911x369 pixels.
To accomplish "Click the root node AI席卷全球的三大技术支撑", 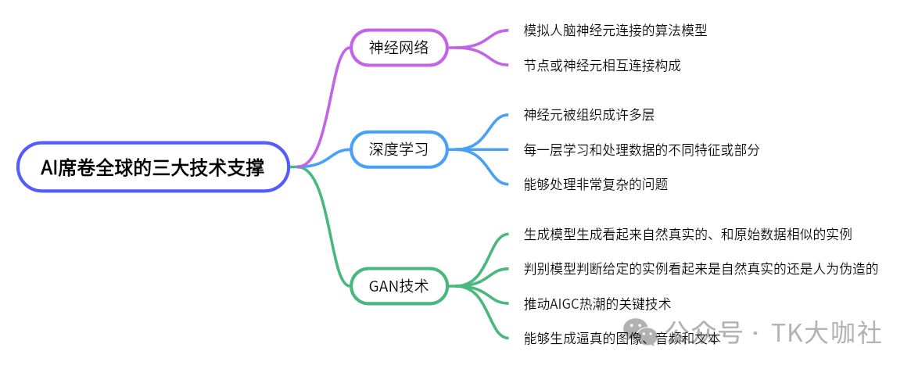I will tap(152, 167).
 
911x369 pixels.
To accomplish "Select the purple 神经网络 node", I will tap(399, 47).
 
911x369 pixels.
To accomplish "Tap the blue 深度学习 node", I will tap(399, 149).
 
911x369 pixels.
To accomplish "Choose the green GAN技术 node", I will tap(399, 285).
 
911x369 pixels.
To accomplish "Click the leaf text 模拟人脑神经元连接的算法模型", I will tap(616, 30).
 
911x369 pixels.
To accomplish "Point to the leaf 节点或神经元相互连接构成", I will tap(602, 65).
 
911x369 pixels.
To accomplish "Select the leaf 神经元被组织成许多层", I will tap(589, 115).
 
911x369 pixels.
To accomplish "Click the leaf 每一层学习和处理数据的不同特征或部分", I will tap(641, 149).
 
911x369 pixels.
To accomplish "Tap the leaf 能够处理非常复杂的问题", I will tap(596, 184).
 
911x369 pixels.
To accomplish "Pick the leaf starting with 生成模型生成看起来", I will tap(687, 235).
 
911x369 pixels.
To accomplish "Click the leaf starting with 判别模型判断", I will tap(701, 269).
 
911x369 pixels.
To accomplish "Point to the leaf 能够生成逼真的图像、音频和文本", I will tap(622, 338).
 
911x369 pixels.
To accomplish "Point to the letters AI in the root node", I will tap(49, 167).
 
